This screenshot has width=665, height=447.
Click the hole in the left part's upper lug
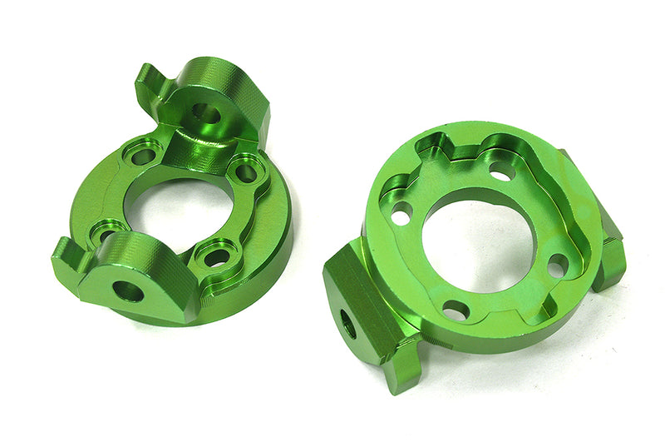(x=204, y=113)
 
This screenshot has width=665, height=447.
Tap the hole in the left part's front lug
(x=127, y=291)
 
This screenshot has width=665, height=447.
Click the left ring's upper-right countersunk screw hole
(x=244, y=173)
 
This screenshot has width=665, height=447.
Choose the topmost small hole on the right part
(x=499, y=171)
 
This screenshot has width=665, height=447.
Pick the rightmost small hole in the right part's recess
(x=558, y=264)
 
